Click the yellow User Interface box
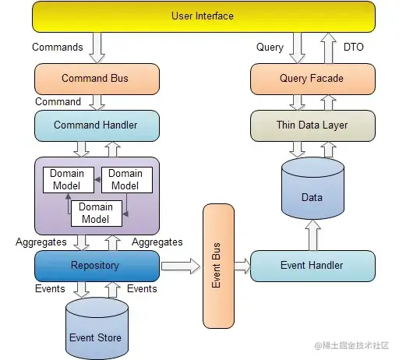202,16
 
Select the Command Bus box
96,79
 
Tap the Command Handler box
96,125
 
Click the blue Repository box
96,266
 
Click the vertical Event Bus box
218,266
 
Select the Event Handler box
312,266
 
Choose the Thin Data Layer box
312,125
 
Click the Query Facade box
312,79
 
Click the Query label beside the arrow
270,47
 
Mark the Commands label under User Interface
58,47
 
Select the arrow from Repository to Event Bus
181,266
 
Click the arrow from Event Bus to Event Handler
242,266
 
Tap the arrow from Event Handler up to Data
312,235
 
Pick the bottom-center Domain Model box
96,213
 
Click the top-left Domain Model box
67,179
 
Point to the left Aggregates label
41,242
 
